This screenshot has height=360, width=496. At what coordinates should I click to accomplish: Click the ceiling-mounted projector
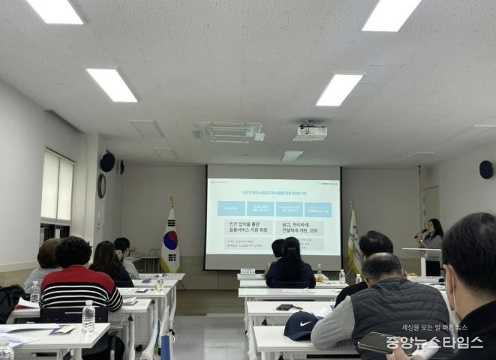click(x=310, y=133)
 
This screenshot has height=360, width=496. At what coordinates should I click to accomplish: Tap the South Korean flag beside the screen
click(x=170, y=239)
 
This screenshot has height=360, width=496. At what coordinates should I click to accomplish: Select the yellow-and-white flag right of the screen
click(x=353, y=241)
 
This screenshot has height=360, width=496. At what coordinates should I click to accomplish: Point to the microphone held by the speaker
click(x=420, y=233)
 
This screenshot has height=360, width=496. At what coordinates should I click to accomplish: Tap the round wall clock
click(x=102, y=186)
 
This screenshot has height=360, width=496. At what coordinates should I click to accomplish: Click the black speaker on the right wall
click(x=486, y=169)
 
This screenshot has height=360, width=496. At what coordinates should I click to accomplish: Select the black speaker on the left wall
click(x=108, y=162)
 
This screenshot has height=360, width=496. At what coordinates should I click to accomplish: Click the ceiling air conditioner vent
click(x=228, y=132)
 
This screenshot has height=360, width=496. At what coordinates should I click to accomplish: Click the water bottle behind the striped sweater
click(x=88, y=316)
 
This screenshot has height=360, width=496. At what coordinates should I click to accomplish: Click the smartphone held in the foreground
click(x=379, y=343)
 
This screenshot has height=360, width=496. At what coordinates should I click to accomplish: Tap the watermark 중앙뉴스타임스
click(x=434, y=343)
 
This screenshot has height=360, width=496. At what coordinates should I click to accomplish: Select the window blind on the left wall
click(x=58, y=187)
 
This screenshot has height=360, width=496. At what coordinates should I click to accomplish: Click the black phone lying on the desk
click(x=284, y=307)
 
